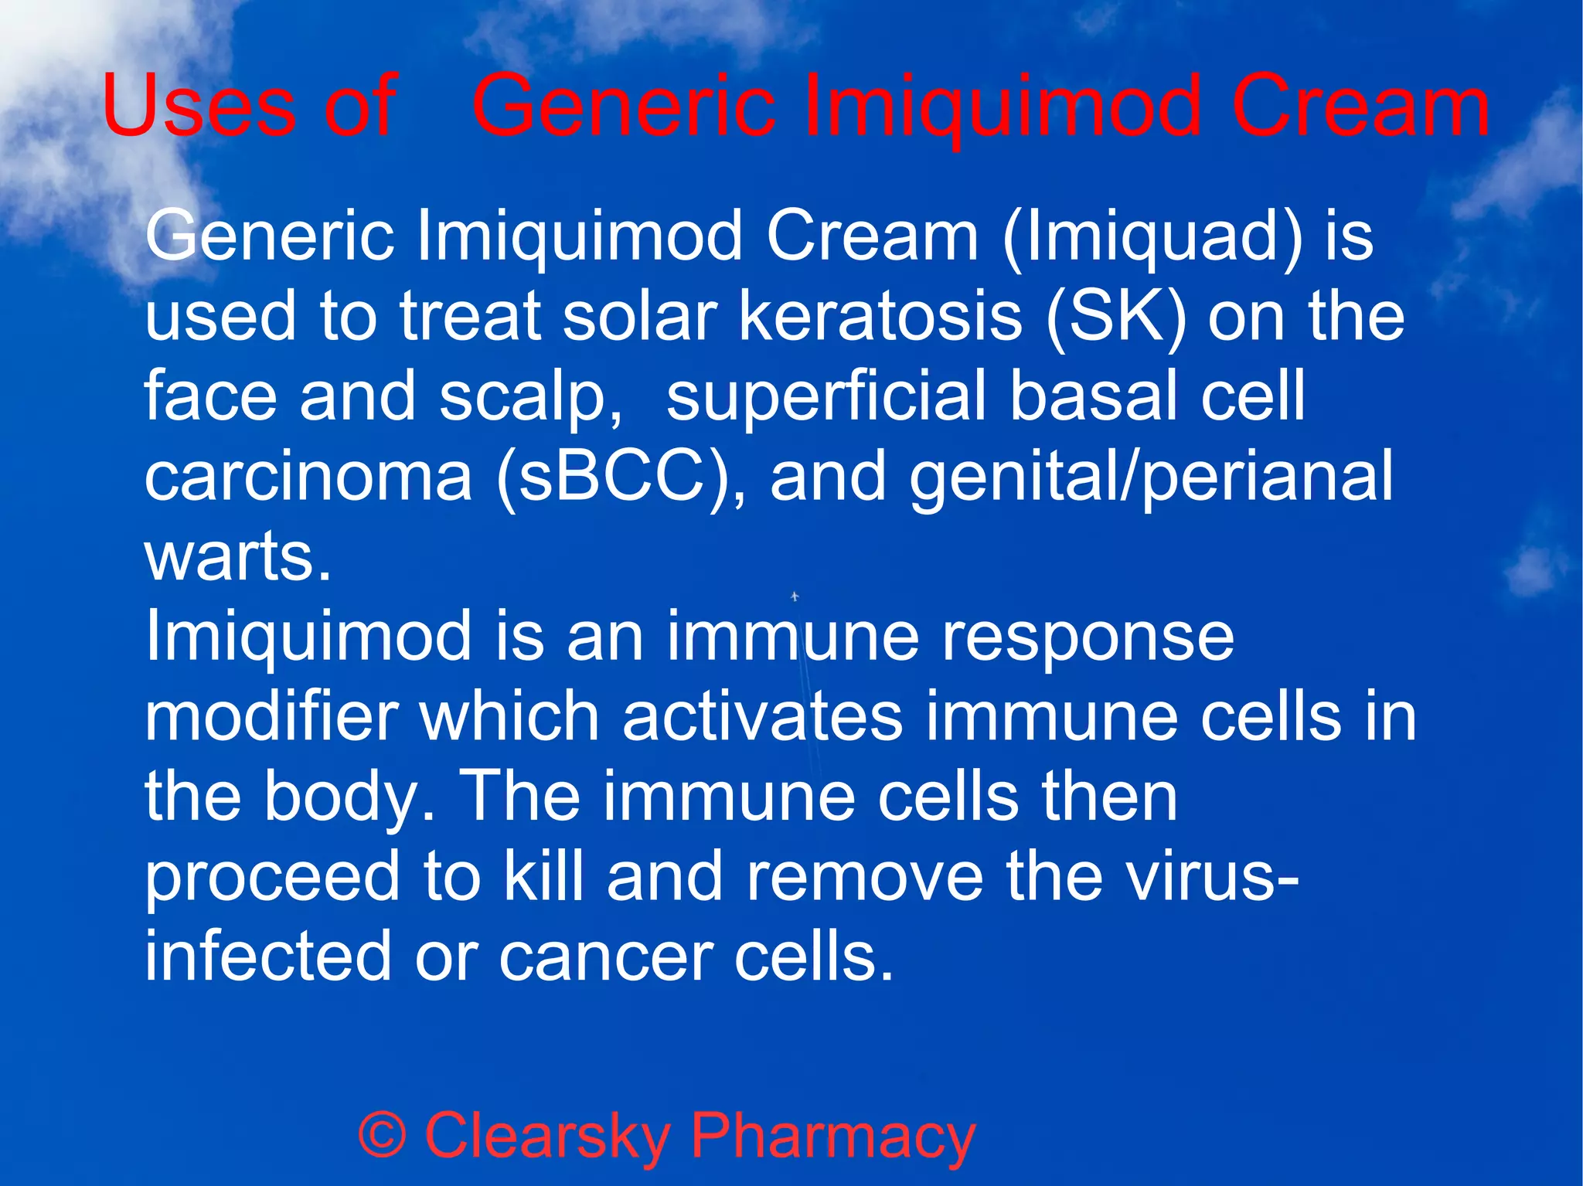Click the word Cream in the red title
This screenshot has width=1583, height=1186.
[1360, 106]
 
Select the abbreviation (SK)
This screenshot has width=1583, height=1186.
[1115, 316]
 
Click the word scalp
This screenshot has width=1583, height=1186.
[530, 398]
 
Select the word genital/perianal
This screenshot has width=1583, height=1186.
[1152, 478]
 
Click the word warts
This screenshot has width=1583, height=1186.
[237, 557]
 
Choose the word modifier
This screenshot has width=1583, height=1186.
[271, 716]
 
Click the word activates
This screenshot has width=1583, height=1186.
[762, 716]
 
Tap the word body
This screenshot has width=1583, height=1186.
[349, 798]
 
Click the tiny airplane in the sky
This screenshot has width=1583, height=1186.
[795, 596]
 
